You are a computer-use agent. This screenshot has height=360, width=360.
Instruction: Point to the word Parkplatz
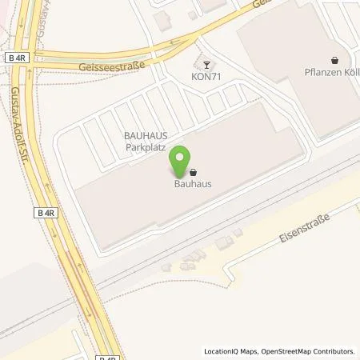144,149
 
